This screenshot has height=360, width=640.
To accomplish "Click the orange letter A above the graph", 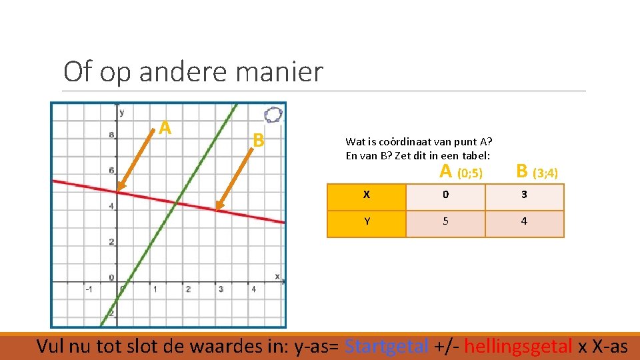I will [165, 127].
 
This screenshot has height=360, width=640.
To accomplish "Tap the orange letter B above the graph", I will [259, 140].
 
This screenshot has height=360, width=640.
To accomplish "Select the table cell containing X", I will [367, 195].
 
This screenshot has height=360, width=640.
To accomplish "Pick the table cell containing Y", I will [367, 221].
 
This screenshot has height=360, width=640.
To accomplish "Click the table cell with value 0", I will [445, 195].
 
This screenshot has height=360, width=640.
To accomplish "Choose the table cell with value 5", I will [445, 221].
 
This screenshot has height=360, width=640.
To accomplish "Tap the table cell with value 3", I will [524, 195].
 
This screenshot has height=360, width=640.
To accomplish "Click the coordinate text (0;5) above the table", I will [469, 174].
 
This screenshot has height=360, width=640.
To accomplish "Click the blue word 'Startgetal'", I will [388, 346].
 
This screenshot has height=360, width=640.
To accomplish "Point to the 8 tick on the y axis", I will [111, 135].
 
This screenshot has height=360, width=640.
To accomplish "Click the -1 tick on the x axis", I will [88, 289].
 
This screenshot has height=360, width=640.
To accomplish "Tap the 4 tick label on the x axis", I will [254, 289].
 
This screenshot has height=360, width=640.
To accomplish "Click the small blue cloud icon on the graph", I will [273, 115].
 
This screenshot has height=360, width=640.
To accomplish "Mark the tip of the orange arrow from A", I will [118, 191].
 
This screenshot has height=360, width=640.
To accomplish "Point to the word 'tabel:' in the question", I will [476, 155].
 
